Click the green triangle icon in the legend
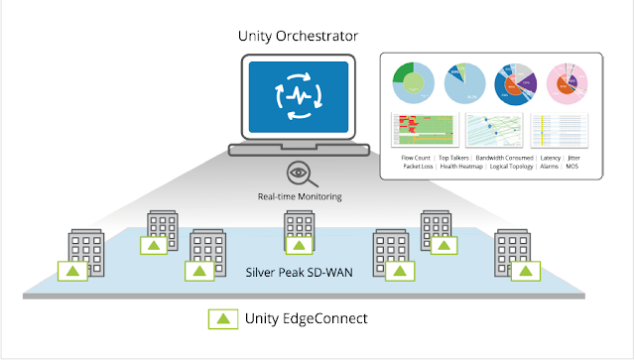click(x=221, y=318)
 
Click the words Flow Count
click(x=419, y=157)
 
